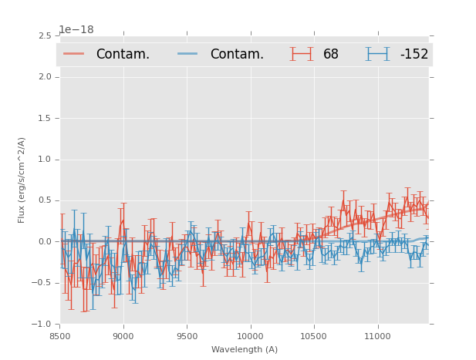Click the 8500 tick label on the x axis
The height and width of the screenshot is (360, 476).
click(x=59, y=336)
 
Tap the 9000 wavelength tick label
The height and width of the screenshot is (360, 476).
click(x=123, y=336)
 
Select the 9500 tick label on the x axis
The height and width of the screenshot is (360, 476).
click(x=187, y=336)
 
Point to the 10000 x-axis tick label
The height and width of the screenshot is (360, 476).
click(x=250, y=336)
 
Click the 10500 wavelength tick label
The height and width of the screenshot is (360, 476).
click(x=314, y=336)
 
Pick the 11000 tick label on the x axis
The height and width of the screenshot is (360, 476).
click(x=377, y=336)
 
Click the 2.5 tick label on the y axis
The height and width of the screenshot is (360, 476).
click(x=44, y=35)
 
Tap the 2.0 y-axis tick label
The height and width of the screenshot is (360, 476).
click(x=44, y=77)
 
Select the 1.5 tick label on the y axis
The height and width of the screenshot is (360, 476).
click(x=44, y=118)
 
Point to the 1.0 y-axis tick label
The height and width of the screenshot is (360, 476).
click(x=44, y=160)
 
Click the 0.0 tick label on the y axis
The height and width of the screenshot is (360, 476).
click(x=44, y=242)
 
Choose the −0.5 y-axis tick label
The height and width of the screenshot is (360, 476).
click(x=42, y=283)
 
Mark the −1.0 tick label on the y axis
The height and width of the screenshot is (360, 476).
click(x=42, y=325)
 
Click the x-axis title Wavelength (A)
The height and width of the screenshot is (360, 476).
click(x=245, y=349)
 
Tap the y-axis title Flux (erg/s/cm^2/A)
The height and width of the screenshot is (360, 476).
click(x=22, y=180)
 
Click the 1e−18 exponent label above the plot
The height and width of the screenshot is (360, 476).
click(x=76, y=30)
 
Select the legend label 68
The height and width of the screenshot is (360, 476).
click(x=331, y=54)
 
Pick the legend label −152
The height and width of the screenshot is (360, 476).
click(x=414, y=54)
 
